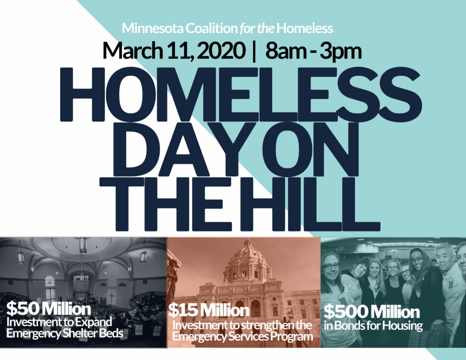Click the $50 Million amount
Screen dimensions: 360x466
point(49,310)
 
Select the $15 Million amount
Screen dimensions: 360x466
point(209,310)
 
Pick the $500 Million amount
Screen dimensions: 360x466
point(372,312)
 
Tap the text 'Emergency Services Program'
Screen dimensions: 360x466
point(243,336)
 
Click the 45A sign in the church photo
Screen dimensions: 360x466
point(139,331)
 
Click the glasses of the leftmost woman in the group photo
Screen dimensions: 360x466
point(331,266)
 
